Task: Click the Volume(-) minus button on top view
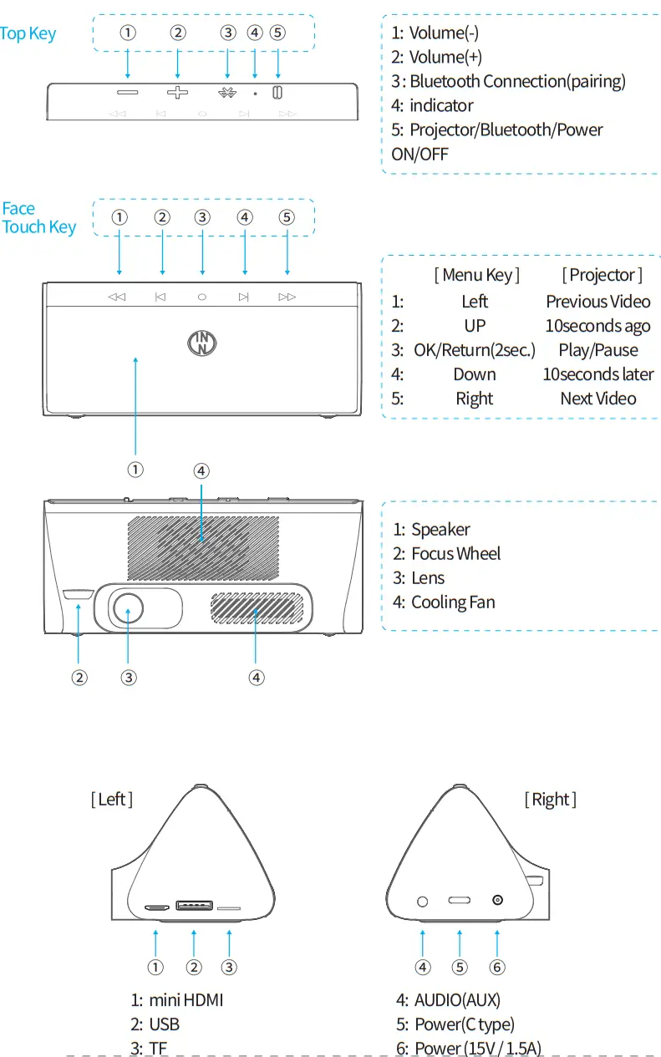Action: point(127,92)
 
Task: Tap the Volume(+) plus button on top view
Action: point(177,92)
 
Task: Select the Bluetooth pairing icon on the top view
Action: point(227,92)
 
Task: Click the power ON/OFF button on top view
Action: point(278,92)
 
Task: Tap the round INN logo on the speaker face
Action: point(201,342)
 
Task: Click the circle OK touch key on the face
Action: point(202,297)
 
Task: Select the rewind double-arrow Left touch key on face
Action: point(117,297)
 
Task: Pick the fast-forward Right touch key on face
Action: point(287,297)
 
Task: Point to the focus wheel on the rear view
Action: point(78,594)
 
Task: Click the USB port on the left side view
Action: point(193,906)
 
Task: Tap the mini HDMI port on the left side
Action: point(155,907)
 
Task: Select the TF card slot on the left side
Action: point(229,908)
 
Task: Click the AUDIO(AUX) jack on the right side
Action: point(422,902)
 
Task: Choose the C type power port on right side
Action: point(460,902)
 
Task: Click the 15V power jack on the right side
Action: point(498,901)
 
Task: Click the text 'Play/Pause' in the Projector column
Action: point(598,350)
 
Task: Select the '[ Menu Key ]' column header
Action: point(476,275)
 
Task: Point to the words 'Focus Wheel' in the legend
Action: point(456,554)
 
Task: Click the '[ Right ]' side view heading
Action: point(550,800)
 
